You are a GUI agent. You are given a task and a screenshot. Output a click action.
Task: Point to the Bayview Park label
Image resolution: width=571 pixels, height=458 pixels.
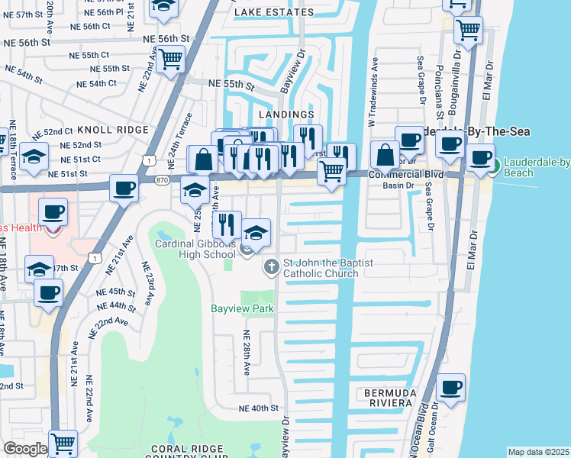coord(237,309)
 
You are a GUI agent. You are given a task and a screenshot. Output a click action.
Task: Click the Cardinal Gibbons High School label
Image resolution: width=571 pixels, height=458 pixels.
coord(195,249)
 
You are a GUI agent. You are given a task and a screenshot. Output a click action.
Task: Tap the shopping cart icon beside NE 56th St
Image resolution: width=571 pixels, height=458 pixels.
coord(171,57)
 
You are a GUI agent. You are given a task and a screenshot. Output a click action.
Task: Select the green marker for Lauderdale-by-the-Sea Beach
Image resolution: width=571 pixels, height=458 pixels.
coord(492,165)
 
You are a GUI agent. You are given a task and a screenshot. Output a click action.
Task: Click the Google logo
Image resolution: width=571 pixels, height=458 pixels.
coord(25,449)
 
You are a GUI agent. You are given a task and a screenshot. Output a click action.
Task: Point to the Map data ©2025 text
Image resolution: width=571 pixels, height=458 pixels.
coord(537,452)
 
